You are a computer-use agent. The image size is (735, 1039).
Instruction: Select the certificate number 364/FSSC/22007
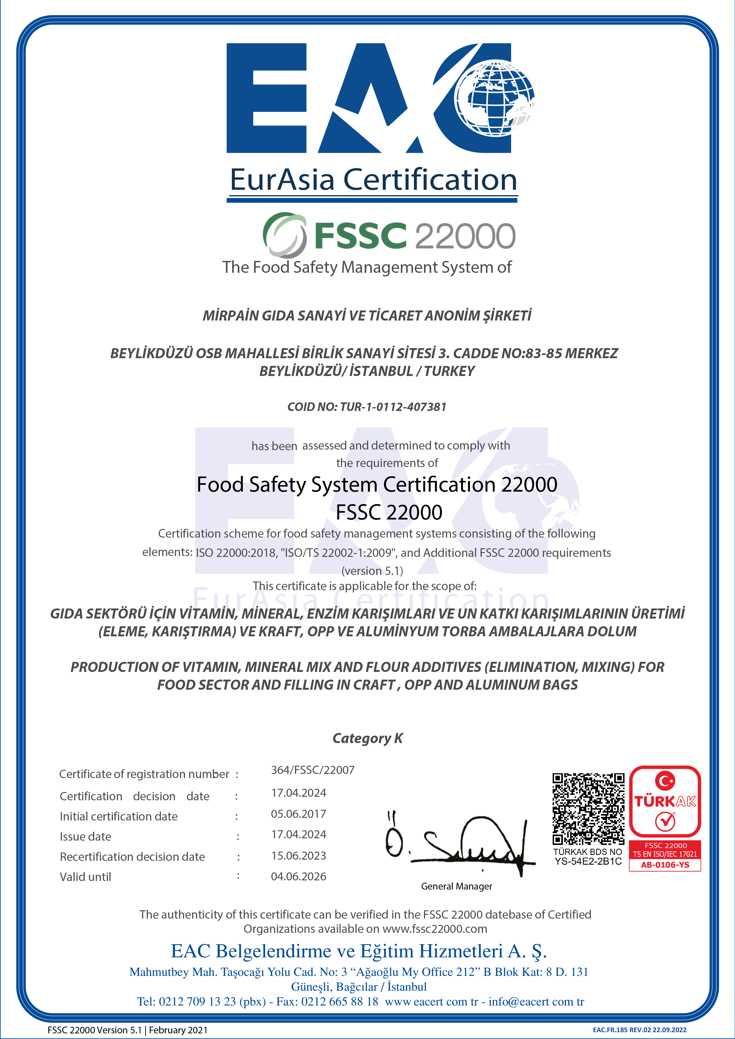[x=313, y=770]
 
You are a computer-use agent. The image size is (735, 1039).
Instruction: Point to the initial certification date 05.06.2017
[x=298, y=814]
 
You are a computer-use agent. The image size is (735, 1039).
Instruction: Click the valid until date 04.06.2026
[x=298, y=876]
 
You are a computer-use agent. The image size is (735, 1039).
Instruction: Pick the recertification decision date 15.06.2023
[x=298, y=855]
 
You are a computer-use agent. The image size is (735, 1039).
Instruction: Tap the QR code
[x=588, y=808]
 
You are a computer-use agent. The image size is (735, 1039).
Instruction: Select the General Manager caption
[x=456, y=886]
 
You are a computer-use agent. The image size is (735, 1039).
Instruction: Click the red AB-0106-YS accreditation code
[x=665, y=865]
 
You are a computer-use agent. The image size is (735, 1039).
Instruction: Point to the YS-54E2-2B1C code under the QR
[x=588, y=861]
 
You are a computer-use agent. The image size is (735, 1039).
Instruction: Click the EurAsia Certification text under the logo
[x=373, y=180]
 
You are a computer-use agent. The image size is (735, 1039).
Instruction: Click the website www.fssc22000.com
[x=434, y=929]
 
